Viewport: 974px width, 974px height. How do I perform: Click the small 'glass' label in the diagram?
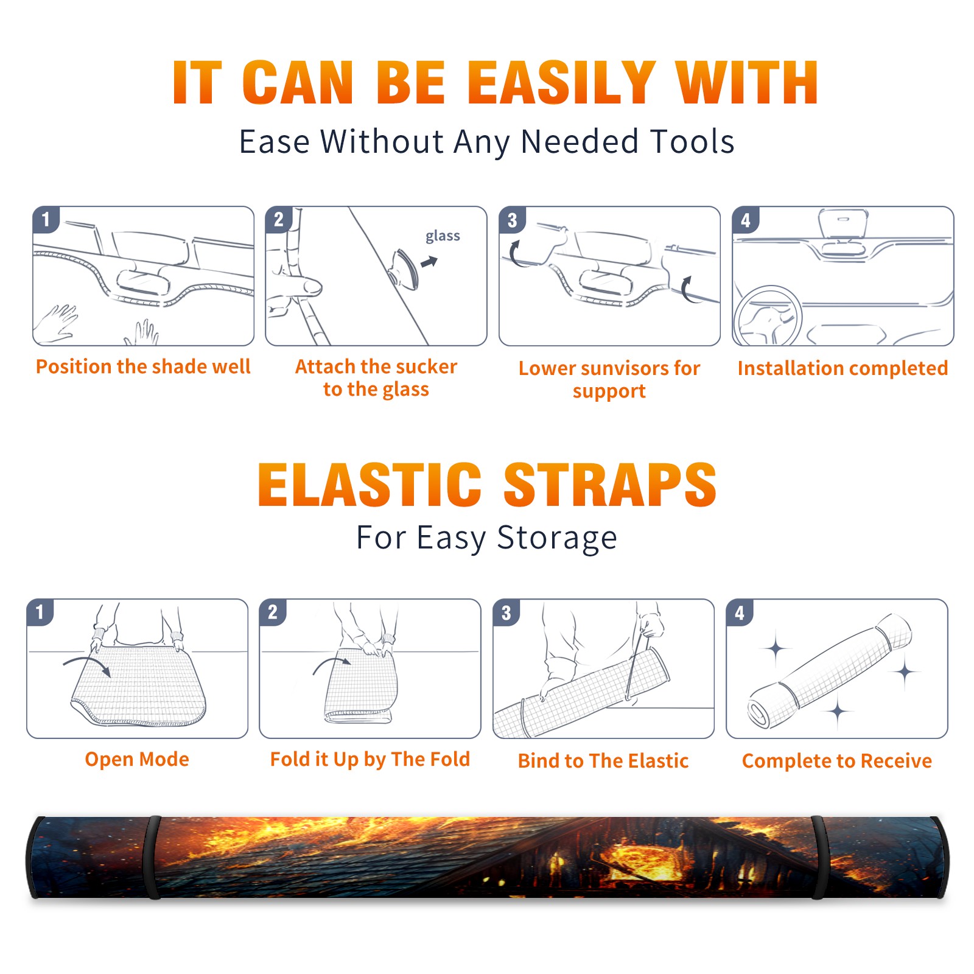pyautogui.click(x=443, y=236)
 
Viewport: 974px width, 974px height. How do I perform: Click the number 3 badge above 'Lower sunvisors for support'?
pyautogui.click(x=512, y=220)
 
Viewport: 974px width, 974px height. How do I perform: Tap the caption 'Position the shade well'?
pyautogui.click(x=143, y=366)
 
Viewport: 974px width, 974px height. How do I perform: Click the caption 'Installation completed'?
pyautogui.click(x=843, y=368)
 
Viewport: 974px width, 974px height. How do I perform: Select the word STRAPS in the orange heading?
pyautogui.click(x=610, y=485)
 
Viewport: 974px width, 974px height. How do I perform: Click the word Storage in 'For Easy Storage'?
pyautogui.click(x=557, y=538)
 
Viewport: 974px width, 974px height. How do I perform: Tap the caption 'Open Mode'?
pyautogui.click(x=137, y=759)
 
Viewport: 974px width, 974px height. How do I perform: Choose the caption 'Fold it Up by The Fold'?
pyautogui.click(x=370, y=759)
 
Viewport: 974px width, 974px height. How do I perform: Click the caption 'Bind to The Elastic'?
pyautogui.click(x=603, y=760)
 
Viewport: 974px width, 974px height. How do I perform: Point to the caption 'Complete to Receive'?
pyautogui.click(x=837, y=761)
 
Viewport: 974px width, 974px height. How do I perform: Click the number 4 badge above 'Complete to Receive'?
pyautogui.click(x=740, y=612)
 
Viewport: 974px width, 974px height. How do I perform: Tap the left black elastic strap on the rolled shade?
pyautogui.click(x=152, y=857)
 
